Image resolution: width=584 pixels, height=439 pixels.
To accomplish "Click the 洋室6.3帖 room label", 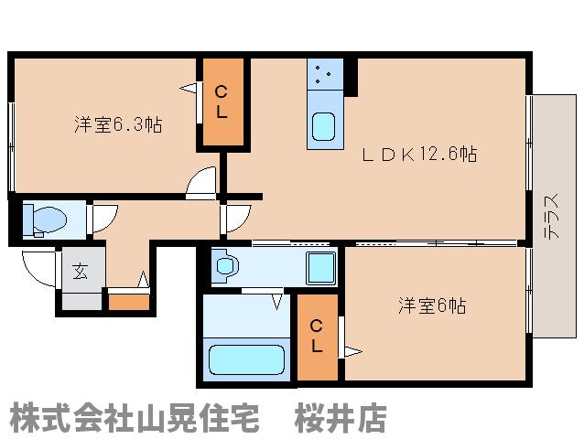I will point(117,125).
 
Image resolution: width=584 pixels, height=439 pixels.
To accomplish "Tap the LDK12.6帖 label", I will point(424,154).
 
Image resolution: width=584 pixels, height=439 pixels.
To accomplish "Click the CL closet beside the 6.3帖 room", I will point(222,102).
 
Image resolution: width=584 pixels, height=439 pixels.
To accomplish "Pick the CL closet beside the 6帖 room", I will point(316,337).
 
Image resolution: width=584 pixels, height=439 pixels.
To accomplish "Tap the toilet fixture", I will point(48,219).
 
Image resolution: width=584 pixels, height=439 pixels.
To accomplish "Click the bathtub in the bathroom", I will point(242,357).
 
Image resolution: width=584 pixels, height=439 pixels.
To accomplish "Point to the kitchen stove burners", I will point(322,73).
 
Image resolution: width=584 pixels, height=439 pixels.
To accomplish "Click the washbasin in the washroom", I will point(227,267).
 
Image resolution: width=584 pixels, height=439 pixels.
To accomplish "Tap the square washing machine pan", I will point(320,268).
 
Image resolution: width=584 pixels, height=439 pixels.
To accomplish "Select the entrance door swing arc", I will point(38,269).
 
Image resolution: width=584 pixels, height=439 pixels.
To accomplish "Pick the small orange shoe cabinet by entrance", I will point(128,301).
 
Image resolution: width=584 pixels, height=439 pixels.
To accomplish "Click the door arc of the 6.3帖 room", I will point(201,185).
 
